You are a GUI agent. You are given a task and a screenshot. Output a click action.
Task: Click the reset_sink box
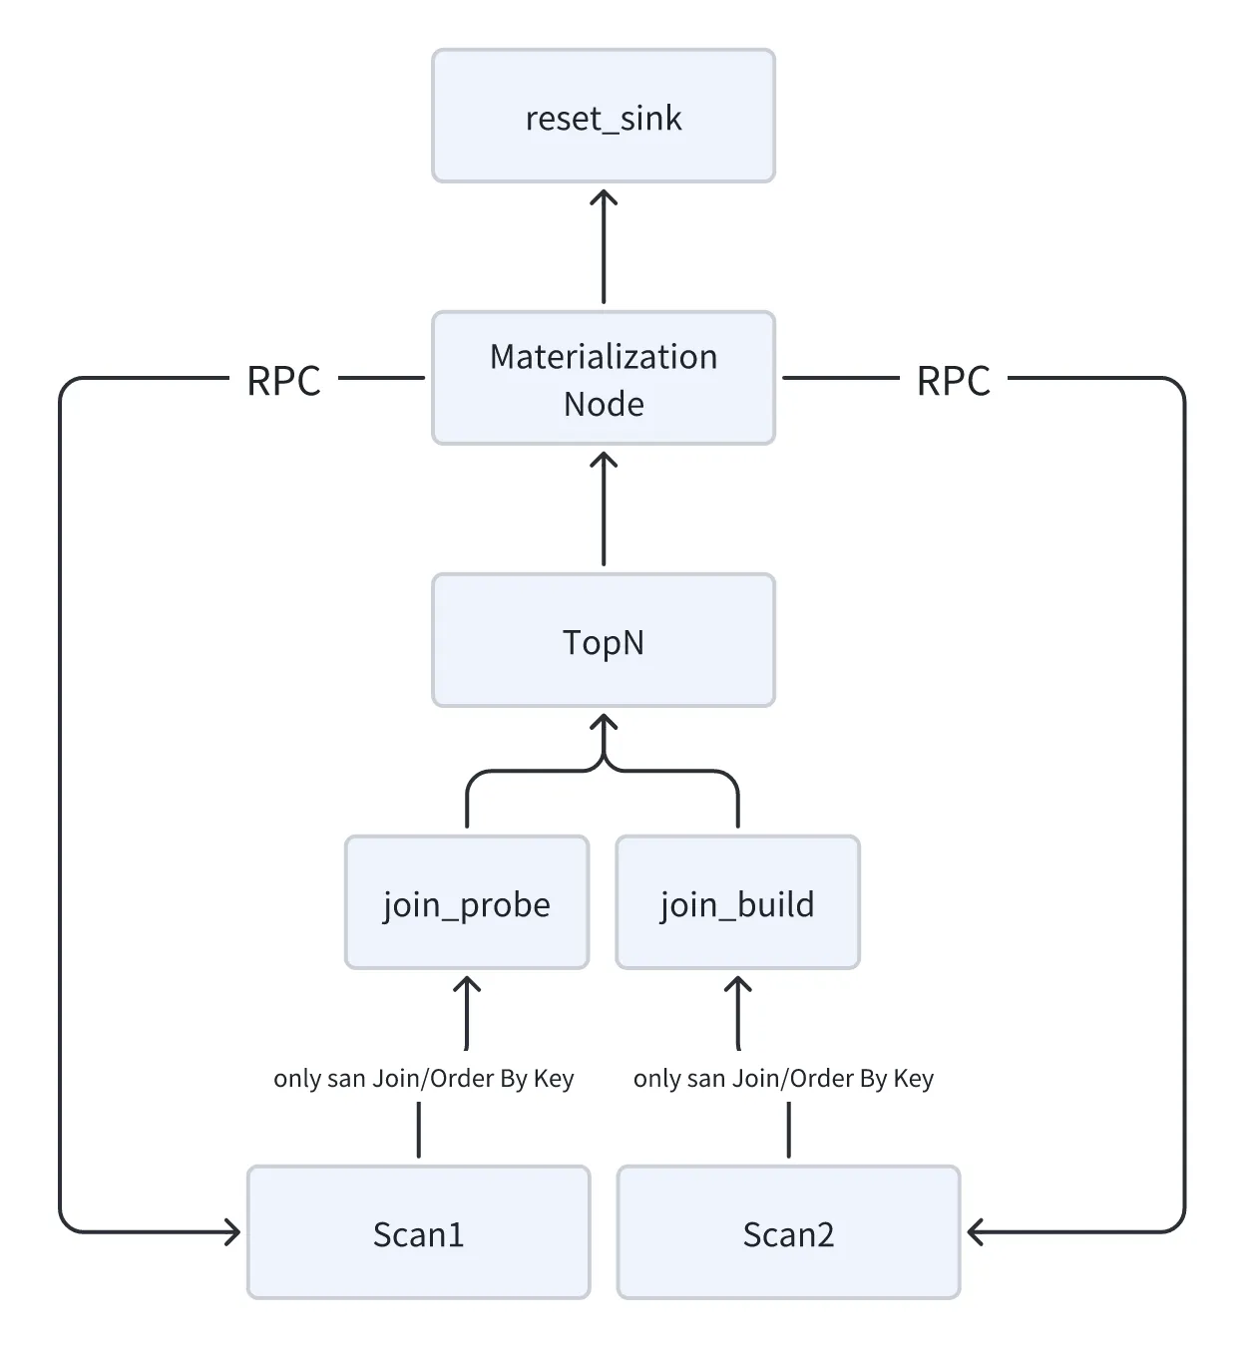click(x=603, y=117)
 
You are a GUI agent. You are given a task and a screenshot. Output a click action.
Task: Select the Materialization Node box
click(x=603, y=378)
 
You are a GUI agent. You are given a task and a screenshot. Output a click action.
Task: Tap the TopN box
click(x=603, y=640)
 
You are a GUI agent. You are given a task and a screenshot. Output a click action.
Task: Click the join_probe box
click(x=466, y=902)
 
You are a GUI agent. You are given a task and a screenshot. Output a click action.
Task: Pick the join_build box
click(x=737, y=902)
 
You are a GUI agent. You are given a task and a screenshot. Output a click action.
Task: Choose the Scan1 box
click(x=418, y=1232)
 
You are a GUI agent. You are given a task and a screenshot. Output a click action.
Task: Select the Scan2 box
click(x=788, y=1232)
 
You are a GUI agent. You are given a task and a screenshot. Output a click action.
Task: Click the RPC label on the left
click(x=283, y=380)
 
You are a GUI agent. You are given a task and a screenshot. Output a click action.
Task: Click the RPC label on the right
click(x=953, y=380)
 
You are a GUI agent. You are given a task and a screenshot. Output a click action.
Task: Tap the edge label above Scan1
click(x=423, y=1078)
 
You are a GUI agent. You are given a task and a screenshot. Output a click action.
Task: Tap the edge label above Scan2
click(x=783, y=1078)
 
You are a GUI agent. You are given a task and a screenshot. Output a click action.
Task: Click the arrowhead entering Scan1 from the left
click(x=233, y=1232)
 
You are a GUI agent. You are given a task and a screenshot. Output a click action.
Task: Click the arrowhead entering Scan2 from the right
click(x=975, y=1232)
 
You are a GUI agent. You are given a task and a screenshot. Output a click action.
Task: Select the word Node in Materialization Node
click(x=604, y=404)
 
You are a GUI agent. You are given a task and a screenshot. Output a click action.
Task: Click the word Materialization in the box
click(x=604, y=356)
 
